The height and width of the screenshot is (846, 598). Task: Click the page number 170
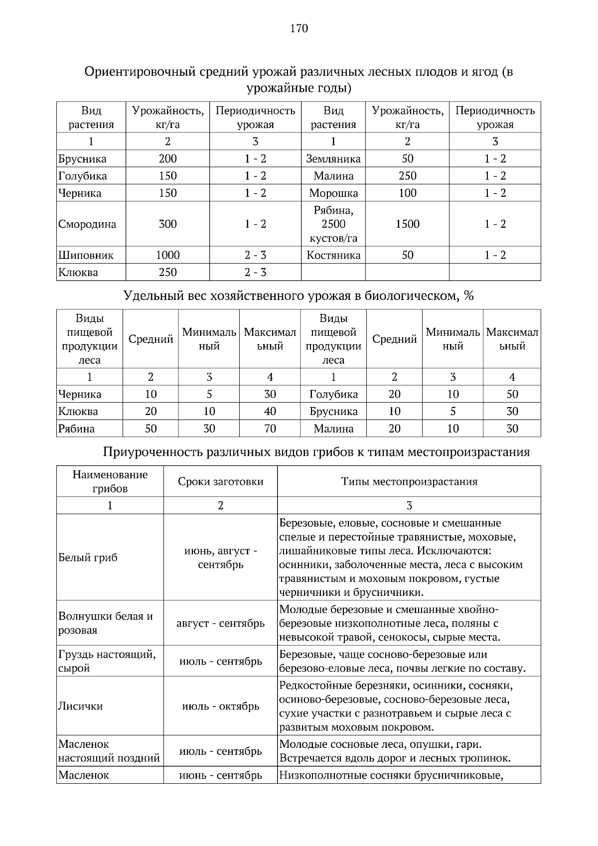coord(299,28)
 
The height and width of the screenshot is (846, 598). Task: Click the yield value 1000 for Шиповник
coord(167,256)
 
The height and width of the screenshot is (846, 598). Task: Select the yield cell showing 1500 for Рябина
coord(407,224)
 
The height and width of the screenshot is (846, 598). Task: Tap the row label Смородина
coord(87,224)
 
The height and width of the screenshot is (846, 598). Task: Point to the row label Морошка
coord(333,193)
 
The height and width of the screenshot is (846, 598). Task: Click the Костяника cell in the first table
coord(333,256)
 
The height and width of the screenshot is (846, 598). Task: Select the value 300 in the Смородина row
coord(167,224)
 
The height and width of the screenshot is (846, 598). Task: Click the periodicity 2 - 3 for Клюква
coord(255,273)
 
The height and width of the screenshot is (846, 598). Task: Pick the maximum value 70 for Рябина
coord(270,429)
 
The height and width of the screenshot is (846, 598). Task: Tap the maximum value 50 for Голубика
coord(512,395)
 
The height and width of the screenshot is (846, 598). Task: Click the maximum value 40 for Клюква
coord(270,412)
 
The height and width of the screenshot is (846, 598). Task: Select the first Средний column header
coord(150,339)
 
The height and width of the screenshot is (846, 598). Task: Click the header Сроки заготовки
coord(220,482)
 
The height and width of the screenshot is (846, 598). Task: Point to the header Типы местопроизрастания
coord(409,482)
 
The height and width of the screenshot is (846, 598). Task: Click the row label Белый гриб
coord(88,558)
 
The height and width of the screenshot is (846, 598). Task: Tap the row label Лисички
coord(81,706)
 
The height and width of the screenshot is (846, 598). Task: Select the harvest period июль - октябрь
coord(220,706)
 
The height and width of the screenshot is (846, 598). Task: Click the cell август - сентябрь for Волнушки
coord(220,624)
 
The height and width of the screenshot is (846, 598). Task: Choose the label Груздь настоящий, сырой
coord(107,661)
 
